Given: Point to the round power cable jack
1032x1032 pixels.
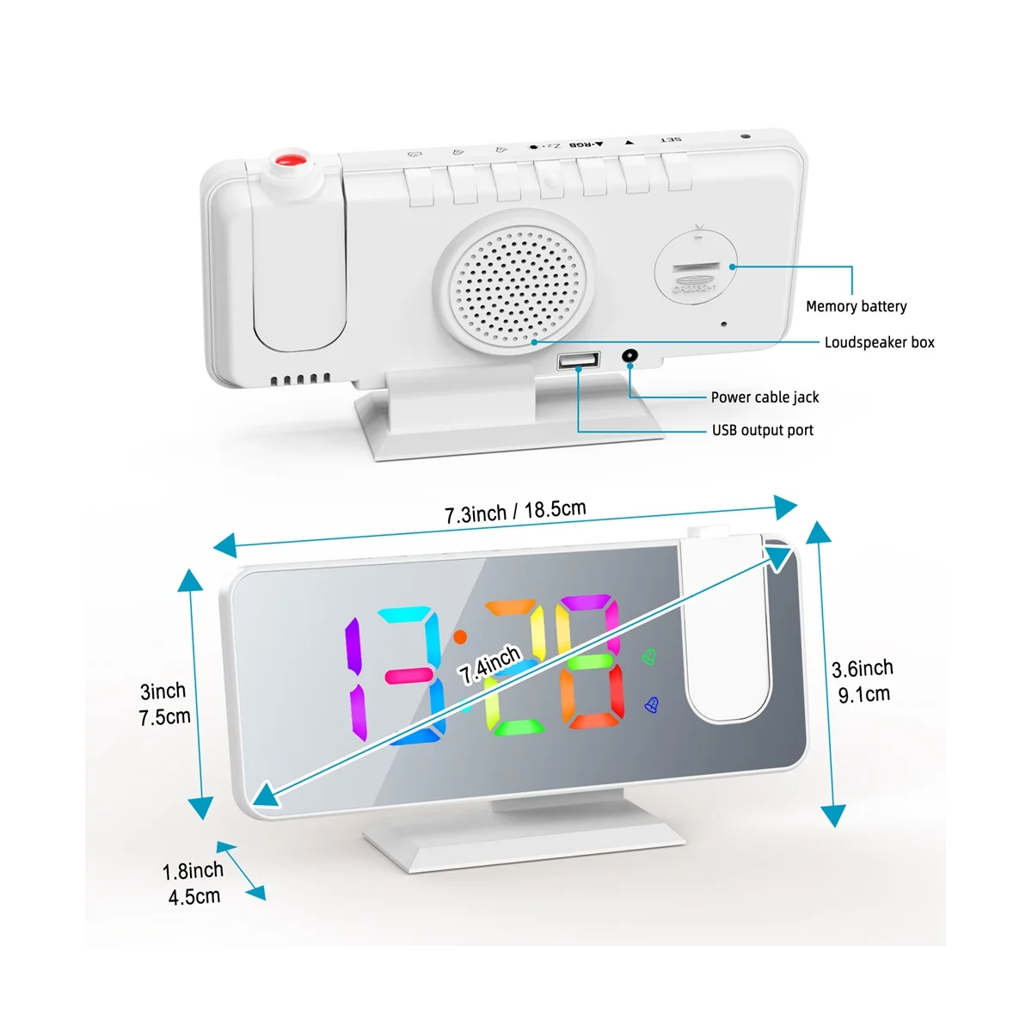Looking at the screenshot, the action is tap(631, 356).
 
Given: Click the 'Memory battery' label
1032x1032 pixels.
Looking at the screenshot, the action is tap(856, 306).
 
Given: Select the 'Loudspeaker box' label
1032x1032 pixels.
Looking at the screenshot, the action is tap(879, 342).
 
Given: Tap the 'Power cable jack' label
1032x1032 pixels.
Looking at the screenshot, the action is tap(765, 397).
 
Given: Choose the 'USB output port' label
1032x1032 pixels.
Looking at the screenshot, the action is tap(762, 430).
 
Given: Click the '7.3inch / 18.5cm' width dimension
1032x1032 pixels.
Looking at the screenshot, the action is tap(515, 511).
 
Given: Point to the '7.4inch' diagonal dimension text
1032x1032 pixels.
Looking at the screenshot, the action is tap(489, 665).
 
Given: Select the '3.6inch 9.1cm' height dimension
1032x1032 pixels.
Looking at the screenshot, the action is tap(863, 680).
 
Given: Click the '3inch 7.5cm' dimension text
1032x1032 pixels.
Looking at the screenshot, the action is tap(163, 703).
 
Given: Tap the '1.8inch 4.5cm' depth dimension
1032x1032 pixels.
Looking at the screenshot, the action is tap(193, 883).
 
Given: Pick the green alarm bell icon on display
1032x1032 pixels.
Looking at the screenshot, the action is tap(648, 657).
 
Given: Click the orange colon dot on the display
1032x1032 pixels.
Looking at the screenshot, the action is tap(460, 637).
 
